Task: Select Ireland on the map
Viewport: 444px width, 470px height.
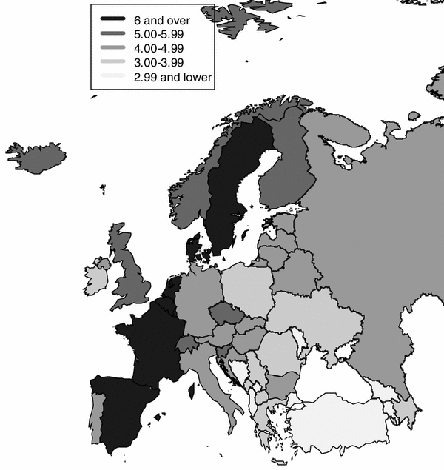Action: point(95,278)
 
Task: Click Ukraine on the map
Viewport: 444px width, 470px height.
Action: point(318,318)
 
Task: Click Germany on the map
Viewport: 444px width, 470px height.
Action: point(196,296)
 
